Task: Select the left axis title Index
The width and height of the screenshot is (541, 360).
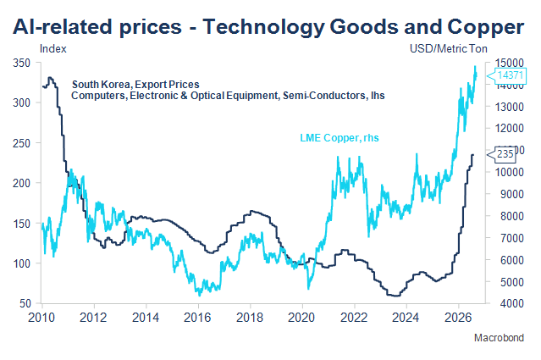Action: point(53,49)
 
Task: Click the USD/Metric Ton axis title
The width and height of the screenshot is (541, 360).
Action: point(449,49)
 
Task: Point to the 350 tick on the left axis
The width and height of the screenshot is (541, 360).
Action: point(21,64)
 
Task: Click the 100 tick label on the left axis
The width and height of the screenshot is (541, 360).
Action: point(21,263)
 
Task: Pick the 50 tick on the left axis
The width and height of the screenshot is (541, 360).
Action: point(25,304)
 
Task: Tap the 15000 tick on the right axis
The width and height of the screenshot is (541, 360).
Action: point(510,64)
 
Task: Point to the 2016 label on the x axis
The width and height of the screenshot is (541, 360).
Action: point(197,318)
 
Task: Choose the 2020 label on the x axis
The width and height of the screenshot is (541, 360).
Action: point(301,318)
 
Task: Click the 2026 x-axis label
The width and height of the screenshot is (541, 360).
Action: point(458,318)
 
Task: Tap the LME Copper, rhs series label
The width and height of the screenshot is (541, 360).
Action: point(340,138)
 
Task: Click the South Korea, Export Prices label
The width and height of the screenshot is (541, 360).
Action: point(135,85)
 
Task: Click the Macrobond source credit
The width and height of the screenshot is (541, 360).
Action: point(499,338)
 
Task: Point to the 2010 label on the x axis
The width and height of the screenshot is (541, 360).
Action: point(41,318)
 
